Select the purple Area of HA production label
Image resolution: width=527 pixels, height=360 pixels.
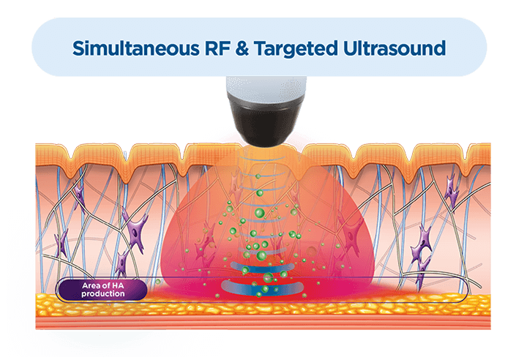click(x=102, y=290)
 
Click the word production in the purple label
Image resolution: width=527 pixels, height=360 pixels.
click(x=104, y=294)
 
